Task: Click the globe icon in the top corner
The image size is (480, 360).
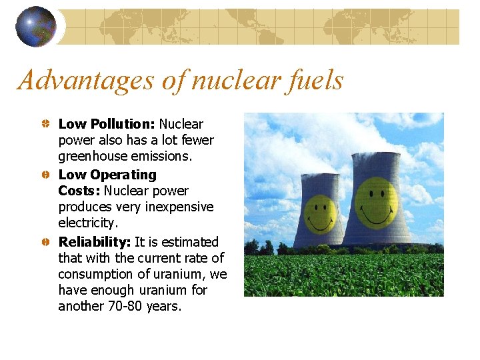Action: [36, 26]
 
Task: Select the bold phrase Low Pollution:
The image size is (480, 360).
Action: [107, 124]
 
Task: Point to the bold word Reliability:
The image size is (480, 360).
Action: [95, 241]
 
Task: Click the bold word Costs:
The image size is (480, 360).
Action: [79, 191]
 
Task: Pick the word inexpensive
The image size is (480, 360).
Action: [180, 207]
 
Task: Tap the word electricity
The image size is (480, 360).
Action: [87, 223]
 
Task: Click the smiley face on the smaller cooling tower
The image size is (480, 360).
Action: [321, 212]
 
